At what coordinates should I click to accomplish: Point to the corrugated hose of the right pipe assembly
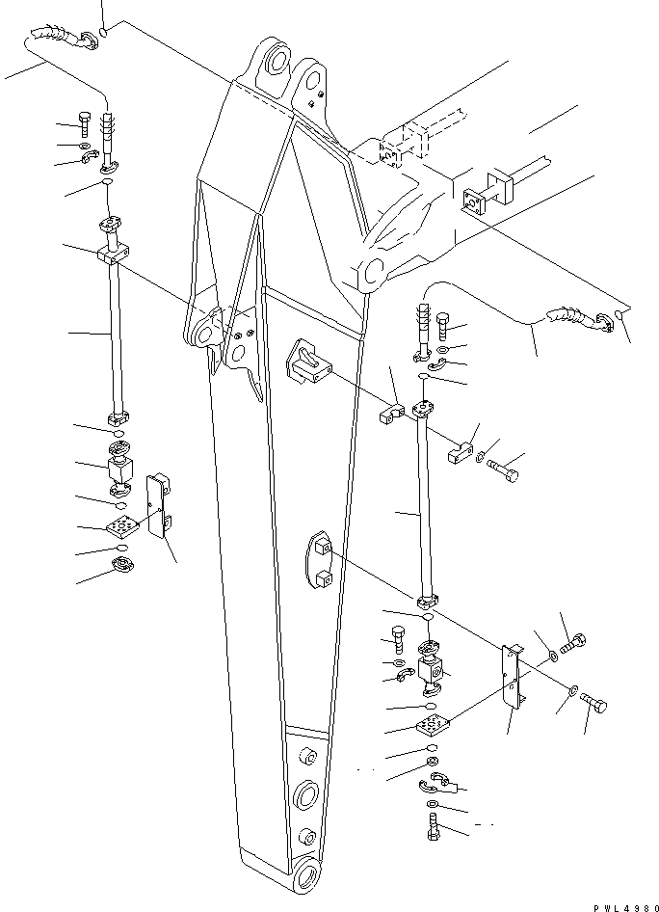click(x=568, y=316)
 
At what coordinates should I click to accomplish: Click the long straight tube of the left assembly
click(x=117, y=337)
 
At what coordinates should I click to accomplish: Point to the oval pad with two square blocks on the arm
click(x=322, y=561)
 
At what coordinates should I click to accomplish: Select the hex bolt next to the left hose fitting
click(x=86, y=124)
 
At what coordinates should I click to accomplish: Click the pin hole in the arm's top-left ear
click(x=277, y=61)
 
